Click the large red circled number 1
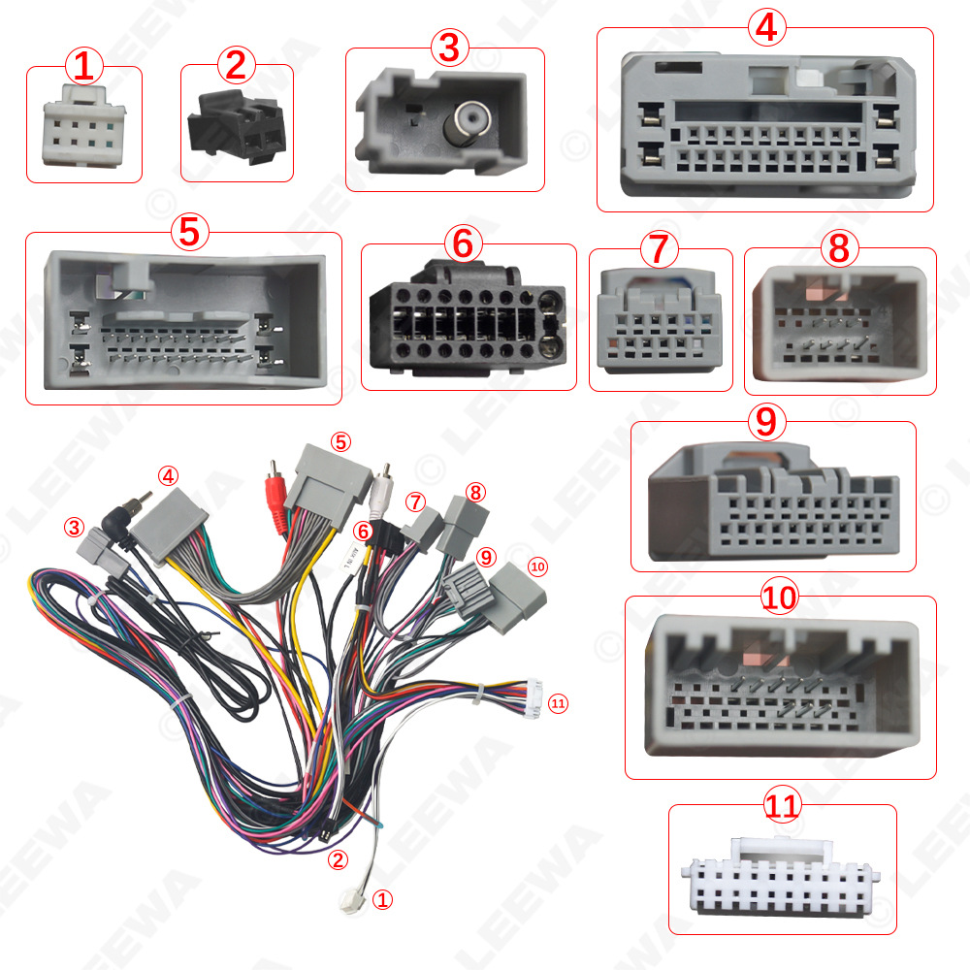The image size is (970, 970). [83, 67]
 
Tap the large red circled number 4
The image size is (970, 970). [765, 27]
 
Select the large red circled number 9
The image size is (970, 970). [766, 422]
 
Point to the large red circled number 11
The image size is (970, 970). [781, 806]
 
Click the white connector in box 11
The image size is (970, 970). [782, 877]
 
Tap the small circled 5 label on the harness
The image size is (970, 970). [339, 441]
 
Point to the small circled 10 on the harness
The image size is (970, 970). [537, 566]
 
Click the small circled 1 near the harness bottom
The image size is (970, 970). [383, 900]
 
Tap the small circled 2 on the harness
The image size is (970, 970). [337, 858]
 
